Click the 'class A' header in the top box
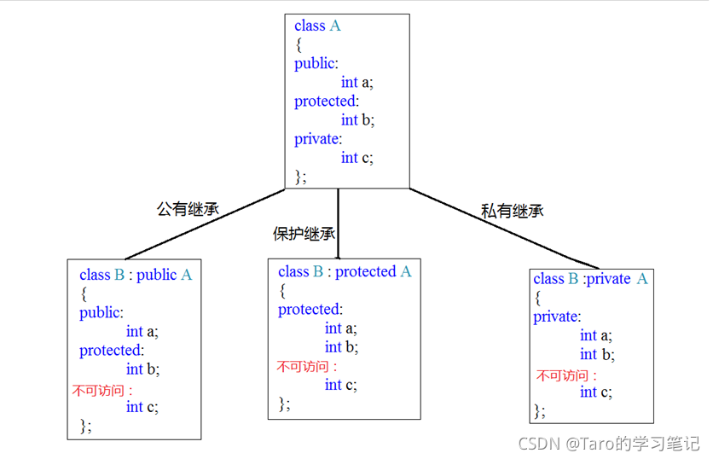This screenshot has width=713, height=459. pos(317,26)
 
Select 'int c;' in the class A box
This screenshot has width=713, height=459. pos(356,158)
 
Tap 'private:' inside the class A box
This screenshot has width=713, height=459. pos(317,139)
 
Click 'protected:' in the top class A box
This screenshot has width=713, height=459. pos(327,102)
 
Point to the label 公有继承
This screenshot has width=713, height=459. pos(188,207)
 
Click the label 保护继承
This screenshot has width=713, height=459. pos(303,234)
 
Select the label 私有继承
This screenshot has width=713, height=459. pos(512,211)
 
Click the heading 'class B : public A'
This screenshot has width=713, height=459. pos(136,275)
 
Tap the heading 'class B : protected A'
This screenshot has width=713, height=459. pos(344,271)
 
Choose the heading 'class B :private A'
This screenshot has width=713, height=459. pos(590,279)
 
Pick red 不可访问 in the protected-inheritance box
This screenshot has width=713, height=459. pos(306,368)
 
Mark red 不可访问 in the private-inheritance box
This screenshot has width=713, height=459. pos(566,375)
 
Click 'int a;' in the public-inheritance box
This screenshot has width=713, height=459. pos(142,332)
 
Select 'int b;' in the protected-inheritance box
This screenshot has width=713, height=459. pos(341,347)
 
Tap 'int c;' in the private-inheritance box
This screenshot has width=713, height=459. pos(595,392)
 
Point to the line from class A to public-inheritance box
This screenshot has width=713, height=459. pos(205,224)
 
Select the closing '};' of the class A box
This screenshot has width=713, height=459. pos(300,177)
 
